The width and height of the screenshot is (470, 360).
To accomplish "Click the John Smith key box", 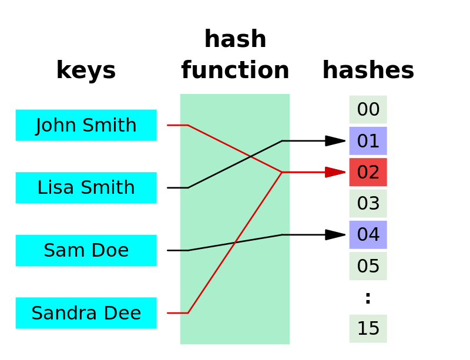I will pyautogui.click(x=86, y=125).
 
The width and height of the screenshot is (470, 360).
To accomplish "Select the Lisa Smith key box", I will pyautogui.click(x=86, y=188).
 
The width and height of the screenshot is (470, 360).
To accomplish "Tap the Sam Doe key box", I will pyautogui.click(x=86, y=250).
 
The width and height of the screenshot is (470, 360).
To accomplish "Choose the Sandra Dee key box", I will pyautogui.click(x=86, y=313).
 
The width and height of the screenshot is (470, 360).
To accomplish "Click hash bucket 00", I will pyautogui.click(x=368, y=109).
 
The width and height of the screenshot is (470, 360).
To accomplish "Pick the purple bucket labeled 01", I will pyautogui.click(x=368, y=141).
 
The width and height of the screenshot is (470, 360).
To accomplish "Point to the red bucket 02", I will pyautogui.click(x=368, y=172).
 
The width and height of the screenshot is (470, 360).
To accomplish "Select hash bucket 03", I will pyautogui.click(x=368, y=203).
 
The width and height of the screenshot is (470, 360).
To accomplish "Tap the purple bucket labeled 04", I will pyautogui.click(x=368, y=235).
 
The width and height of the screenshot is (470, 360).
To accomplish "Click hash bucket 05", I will pyautogui.click(x=368, y=266).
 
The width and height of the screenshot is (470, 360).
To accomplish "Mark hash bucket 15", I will pyautogui.click(x=368, y=328).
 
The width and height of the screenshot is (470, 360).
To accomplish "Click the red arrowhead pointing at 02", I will pyautogui.click(x=335, y=172).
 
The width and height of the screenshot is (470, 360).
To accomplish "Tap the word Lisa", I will pyautogui.click(x=52, y=188).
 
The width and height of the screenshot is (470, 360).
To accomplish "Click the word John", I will pyautogui.click(x=57, y=125).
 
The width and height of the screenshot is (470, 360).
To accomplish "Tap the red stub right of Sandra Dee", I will pyautogui.click(x=177, y=313).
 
